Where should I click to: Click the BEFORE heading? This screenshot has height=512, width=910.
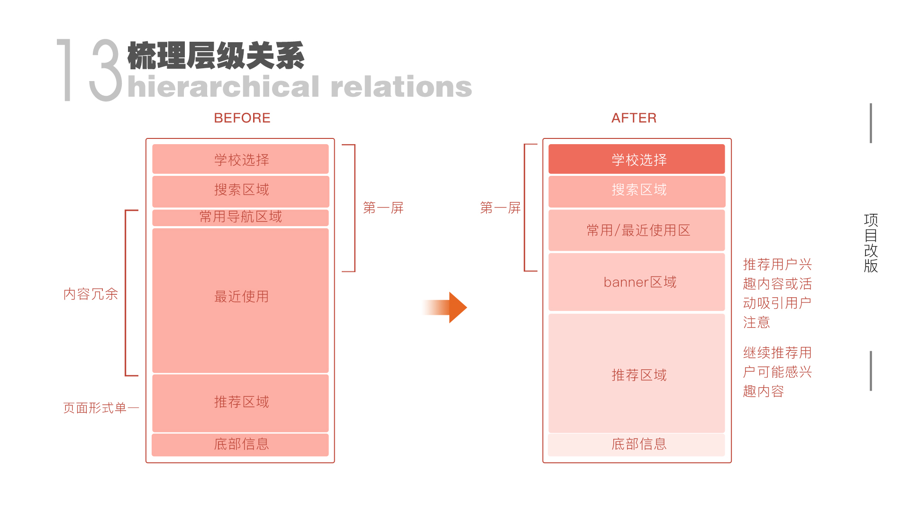coord(242,118)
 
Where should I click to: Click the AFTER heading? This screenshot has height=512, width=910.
coord(634,118)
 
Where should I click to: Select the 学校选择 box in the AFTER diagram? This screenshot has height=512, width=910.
coord(637,159)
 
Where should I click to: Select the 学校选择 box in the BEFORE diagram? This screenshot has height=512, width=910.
coord(240,159)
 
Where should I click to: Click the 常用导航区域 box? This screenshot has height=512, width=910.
coord(240,217)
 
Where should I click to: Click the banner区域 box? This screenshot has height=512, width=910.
coord(637,282)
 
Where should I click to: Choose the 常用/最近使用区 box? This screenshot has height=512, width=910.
coord(637,230)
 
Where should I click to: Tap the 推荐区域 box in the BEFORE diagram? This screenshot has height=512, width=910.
coord(240,402)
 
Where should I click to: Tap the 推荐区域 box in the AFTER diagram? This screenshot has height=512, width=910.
coord(637,374)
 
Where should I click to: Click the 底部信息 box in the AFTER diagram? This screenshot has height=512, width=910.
coord(637,444)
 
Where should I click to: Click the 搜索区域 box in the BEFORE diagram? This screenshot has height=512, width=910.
coord(240,191)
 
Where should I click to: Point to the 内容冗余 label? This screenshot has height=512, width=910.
coord(91,294)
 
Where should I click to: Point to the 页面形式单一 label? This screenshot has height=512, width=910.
coord(100,408)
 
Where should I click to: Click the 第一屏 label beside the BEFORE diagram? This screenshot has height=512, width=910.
coord(383,208)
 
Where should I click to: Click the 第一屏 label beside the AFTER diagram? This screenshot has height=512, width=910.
coord(500,208)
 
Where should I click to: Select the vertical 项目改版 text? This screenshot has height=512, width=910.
coord(871,243)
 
